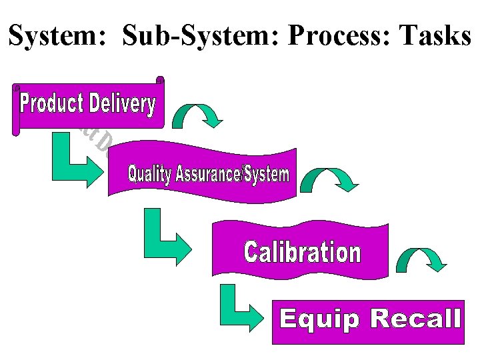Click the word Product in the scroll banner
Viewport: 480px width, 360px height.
tap(51, 104)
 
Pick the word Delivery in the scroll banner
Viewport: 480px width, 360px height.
tap(122, 104)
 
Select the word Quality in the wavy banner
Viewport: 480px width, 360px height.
tap(149, 175)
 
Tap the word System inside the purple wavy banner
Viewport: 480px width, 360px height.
tap(267, 175)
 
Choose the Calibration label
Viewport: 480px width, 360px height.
tap(302, 253)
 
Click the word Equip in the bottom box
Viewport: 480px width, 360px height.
tap(321, 319)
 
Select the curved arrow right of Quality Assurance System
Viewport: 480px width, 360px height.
tap(329, 179)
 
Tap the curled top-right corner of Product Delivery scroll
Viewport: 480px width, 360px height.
tap(160, 81)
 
